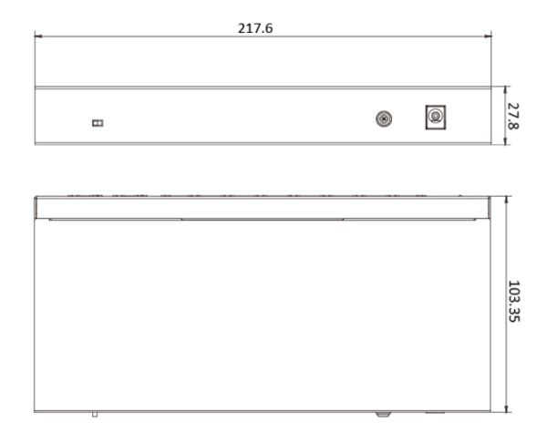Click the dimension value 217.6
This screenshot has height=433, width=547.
tap(256, 28)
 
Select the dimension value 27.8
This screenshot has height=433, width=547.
tap(517, 117)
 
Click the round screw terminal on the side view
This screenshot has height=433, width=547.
tap(385, 119)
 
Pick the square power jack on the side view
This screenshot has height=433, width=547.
tap(437, 117)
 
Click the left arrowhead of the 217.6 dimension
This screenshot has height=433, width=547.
tap(38, 37)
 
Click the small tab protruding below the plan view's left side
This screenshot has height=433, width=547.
tap(94, 415)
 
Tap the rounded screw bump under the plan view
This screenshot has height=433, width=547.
tap(385, 415)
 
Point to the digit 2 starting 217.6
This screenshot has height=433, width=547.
tap(242, 28)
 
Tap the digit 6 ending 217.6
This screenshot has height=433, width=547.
tap(272, 28)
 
